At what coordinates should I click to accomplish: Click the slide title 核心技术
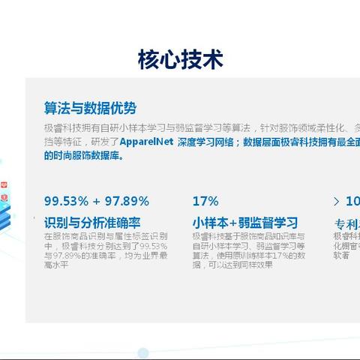tap(180, 59)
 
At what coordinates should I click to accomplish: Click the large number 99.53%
tap(67, 201)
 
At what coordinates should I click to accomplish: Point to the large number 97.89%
tap(127, 201)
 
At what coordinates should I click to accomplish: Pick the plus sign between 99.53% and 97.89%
tap(97, 201)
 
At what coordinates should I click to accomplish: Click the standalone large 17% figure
tap(205, 201)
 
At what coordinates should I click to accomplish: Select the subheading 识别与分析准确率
tap(93, 223)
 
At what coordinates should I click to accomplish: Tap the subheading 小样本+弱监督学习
tap(244, 223)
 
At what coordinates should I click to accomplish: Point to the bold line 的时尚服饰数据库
tap(83, 156)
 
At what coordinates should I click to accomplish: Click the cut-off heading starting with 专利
tap(346, 223)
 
